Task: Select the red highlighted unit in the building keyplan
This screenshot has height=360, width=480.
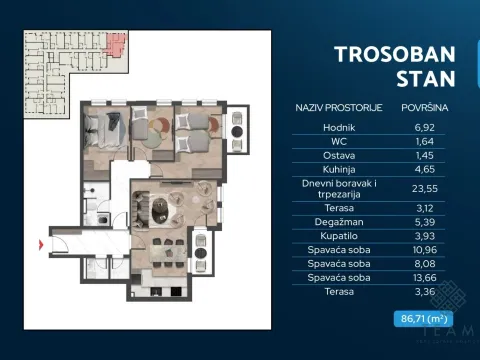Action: (x=117, y=45)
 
